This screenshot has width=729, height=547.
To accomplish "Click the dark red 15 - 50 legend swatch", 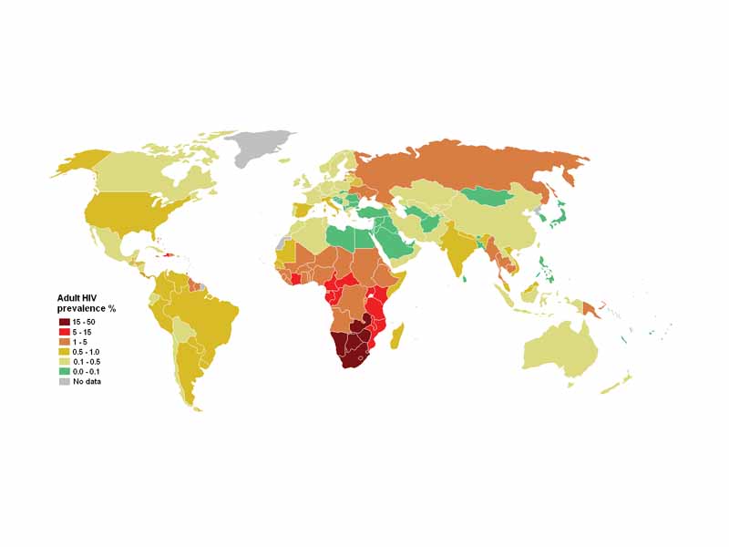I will point(64,322).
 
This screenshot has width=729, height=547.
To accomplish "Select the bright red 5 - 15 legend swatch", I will point(64,332).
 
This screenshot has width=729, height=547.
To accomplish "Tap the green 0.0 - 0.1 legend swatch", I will point(64,372).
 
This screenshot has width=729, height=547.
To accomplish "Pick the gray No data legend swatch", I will point(64,382).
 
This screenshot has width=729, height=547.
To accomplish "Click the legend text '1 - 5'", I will point(81,342).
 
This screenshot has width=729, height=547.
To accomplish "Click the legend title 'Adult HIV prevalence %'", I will point(86,303).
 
